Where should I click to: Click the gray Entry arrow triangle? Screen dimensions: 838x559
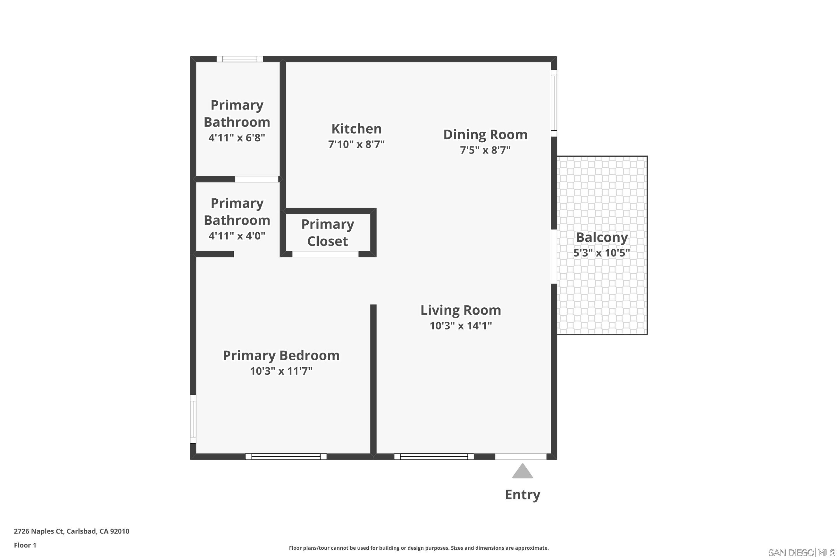tap(522, 471)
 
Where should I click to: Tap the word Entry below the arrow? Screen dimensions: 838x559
tap(522, 495)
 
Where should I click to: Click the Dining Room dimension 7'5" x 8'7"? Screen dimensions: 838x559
tap(485, 150)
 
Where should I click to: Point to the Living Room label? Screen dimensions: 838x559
tap(461, 310)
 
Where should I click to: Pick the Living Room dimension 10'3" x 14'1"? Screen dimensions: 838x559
tap(461, 326)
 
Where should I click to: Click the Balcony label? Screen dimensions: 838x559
tap(602, 237)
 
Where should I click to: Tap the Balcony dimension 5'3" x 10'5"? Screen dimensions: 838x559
tap(602, 253)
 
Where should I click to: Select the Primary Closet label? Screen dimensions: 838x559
tap(328, 233)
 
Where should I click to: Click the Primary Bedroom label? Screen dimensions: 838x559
tap(281, 355)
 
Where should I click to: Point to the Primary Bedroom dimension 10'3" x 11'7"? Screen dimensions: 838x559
tap(281, 371)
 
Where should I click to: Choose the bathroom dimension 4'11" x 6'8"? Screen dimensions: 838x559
tap(237, 138)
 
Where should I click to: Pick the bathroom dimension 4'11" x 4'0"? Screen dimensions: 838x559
tap(237, 236)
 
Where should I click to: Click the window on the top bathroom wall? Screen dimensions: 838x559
tap(240, 59)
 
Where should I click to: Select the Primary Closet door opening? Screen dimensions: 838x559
tap(325, 254)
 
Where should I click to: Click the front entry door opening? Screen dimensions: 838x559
tap(520, 456)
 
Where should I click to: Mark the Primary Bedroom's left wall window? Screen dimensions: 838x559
tap(193, 419)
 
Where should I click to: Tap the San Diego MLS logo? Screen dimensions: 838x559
tap(801, 553)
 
